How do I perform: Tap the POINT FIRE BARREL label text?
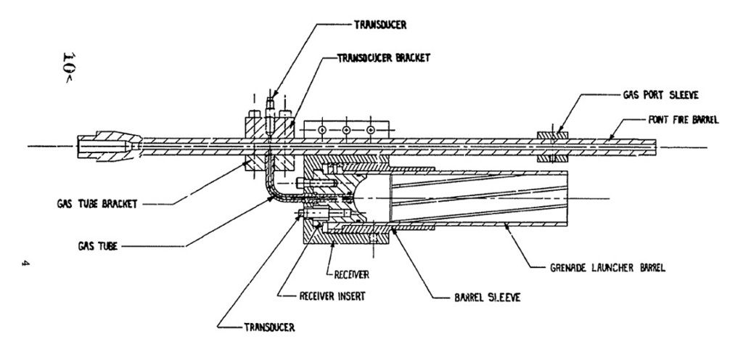coord(679,120)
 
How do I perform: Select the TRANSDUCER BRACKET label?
coord(385,58)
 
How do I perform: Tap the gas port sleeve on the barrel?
coord(550,146)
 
